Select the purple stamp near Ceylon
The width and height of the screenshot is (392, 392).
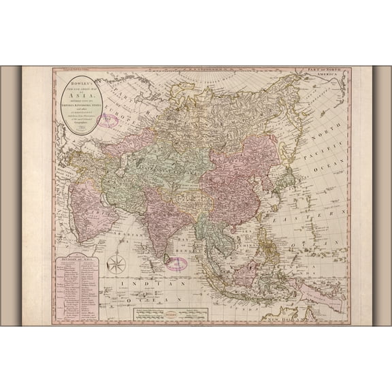click(176, 263)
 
